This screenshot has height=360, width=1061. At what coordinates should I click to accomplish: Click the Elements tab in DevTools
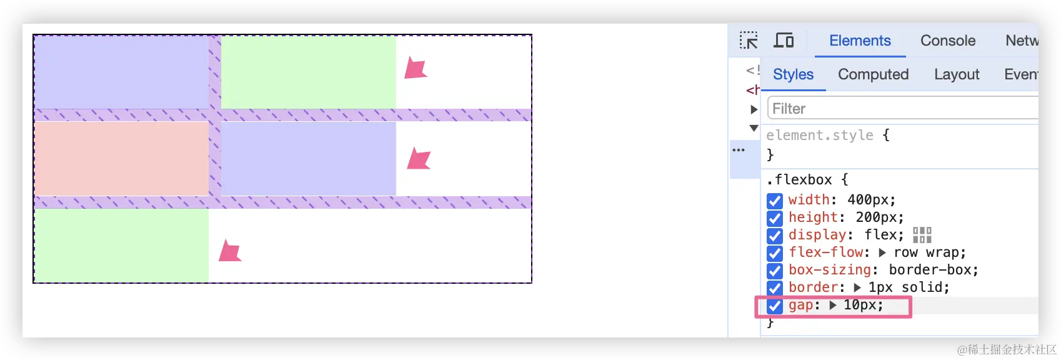(860, 41)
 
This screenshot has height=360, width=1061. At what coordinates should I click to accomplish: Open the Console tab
(947, 41)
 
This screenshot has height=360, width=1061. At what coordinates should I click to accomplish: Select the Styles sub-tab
(793, 74)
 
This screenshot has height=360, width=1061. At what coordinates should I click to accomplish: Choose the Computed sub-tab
(873, 74)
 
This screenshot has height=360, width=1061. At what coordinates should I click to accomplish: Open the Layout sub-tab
(957, 74)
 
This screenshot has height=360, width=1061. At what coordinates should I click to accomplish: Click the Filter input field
(900, 108)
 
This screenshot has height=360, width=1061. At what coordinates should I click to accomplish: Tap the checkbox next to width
(775, 201)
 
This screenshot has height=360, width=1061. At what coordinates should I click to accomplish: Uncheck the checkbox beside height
(775, 218)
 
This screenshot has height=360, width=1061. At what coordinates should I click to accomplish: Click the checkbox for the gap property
(775, 306)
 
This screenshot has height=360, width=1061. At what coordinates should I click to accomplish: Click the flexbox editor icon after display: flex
(922, 235)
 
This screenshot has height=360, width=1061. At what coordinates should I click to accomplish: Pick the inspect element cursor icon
(749, 41)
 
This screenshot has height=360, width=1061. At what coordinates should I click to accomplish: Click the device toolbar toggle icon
(784, 41)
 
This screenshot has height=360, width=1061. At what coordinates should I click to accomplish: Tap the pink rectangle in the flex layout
(121, 158)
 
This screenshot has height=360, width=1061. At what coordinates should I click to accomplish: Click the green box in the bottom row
(121, 245)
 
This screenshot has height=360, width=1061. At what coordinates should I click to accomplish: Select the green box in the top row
(308, 72)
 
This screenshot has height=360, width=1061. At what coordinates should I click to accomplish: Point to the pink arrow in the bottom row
(230, 251)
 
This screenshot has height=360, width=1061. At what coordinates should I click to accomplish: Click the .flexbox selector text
(799, 180)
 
